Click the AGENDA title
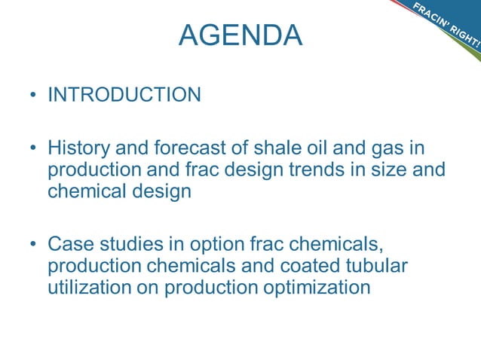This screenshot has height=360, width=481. [x=240, y=35]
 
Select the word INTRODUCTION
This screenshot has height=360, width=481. [x=124, y=95]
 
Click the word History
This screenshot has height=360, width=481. [x=81, y=148]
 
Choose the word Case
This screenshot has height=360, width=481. [x=72, y=244]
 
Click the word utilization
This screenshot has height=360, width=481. [x=93, y=287]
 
